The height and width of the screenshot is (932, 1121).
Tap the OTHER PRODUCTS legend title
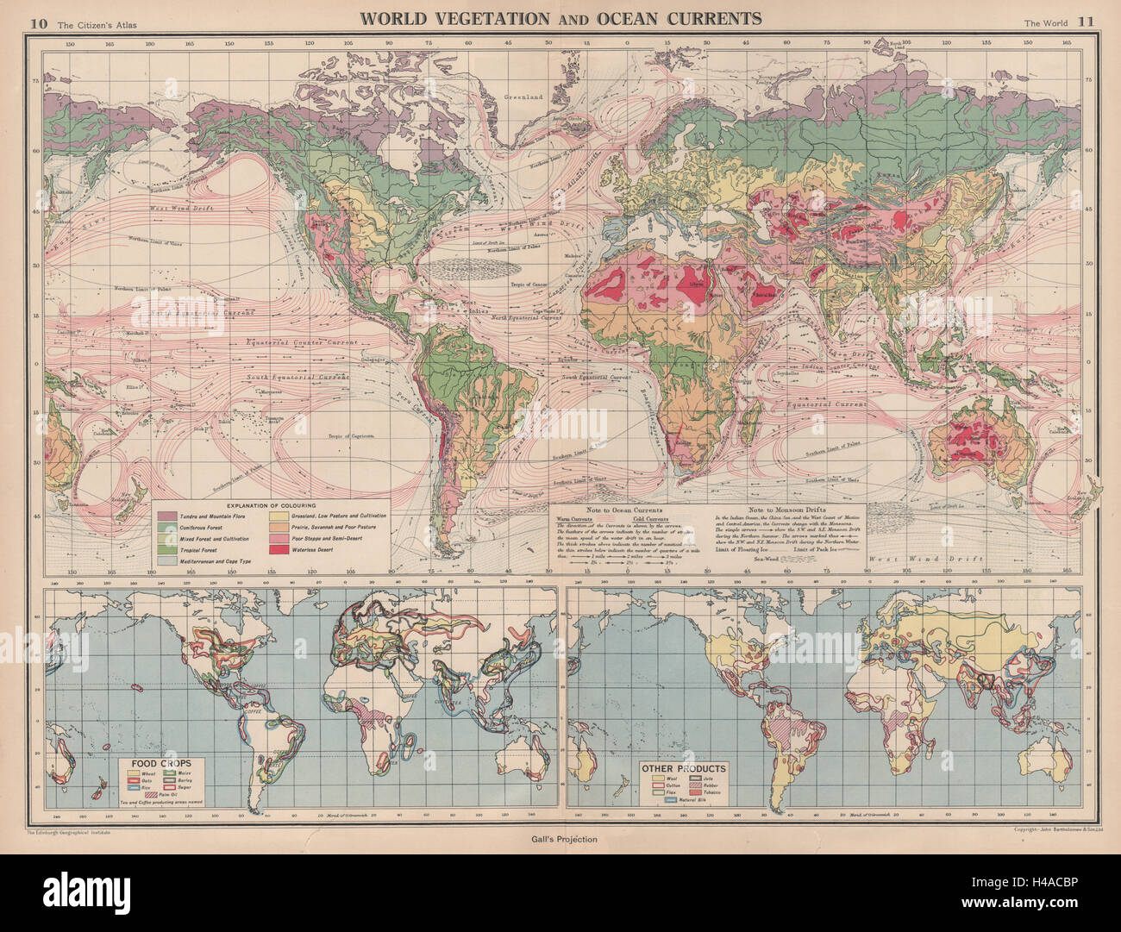tap(683, 767)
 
